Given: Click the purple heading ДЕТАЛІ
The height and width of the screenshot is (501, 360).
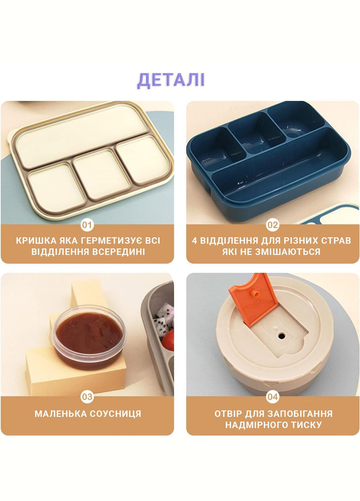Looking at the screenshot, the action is point(171,80).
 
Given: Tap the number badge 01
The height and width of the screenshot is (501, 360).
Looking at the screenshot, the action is point(87,225).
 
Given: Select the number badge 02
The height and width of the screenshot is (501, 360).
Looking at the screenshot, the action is point(273,225).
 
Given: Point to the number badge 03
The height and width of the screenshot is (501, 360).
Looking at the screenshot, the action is point(87,397).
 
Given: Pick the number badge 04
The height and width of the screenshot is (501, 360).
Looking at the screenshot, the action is point(273,397).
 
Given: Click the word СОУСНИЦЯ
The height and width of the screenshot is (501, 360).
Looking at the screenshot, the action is point(115,414).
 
